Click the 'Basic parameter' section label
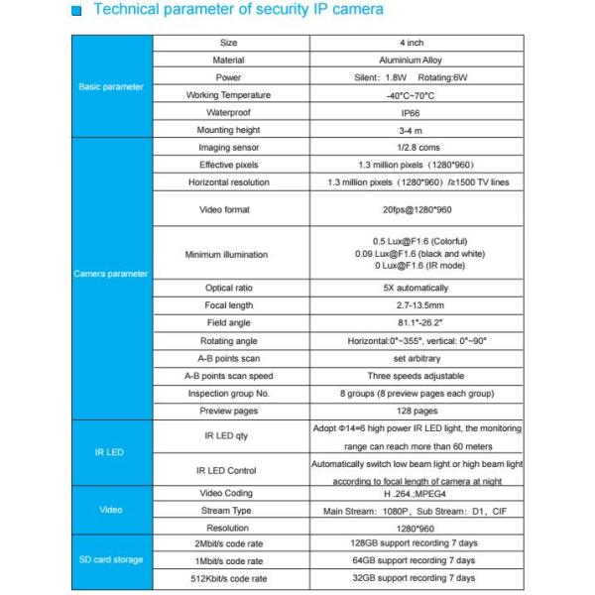110,86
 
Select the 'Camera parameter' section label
110,273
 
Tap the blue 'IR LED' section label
110,451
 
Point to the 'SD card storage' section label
110,560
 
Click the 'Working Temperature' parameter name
228,95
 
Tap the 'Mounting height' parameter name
228,130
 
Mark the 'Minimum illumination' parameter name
228,255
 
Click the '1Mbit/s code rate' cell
228,560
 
